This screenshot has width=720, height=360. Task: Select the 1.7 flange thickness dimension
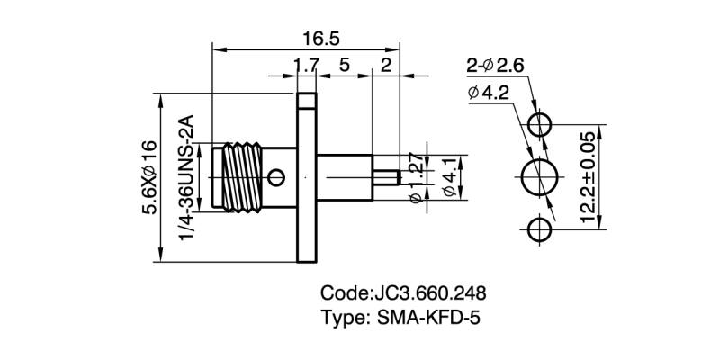(x=307, y=65)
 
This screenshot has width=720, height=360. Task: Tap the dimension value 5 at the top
(x=345, y=65)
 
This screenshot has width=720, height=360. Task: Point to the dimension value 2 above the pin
(x=386, y=65)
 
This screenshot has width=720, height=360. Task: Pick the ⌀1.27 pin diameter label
(x=415, y=178)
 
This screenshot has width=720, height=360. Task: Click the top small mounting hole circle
(x=540, y=124)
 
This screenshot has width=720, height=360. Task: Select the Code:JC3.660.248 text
(x=404, y=293)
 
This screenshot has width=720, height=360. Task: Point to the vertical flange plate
(x=307, y=176)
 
